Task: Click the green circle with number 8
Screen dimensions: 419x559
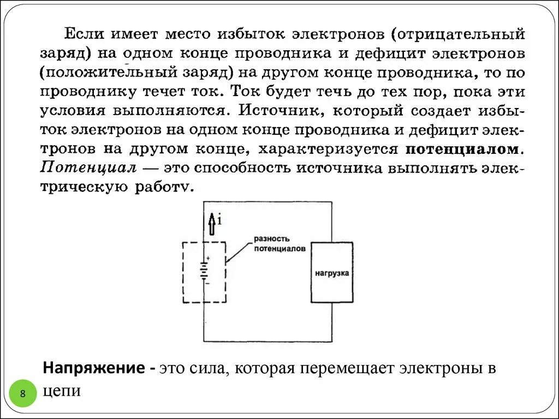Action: point(23,393)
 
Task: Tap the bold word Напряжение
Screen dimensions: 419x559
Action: point(94,368)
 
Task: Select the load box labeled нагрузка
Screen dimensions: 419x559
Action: point(331,272)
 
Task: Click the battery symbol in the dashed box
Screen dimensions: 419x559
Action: point(204,270)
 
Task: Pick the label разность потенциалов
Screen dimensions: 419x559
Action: point(279,243)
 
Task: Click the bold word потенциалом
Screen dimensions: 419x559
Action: point(463,148)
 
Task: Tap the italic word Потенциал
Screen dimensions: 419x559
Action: point(88,167)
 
